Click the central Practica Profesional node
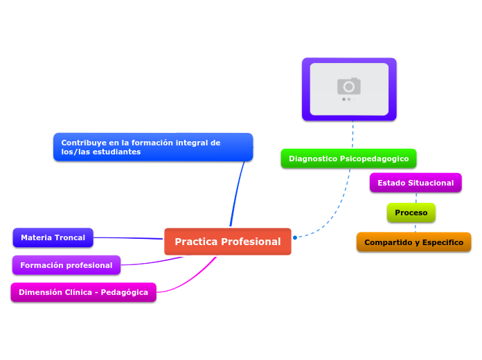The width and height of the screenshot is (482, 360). tap(227, 242)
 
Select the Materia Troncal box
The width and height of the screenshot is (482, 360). tap(53, 237)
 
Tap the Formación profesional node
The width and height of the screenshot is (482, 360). tap(66, 265)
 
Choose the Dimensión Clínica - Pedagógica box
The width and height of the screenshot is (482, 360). tap(83, 292)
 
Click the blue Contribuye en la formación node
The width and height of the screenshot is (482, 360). tap(152, 147)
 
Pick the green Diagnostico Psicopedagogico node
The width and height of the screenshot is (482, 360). tap(348, 159)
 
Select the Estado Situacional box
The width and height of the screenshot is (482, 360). tap(416, 183)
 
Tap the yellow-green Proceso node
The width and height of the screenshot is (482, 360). tap(411, 213)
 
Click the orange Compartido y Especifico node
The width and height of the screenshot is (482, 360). tap(413, 242)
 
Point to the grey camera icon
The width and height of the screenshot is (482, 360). tap(349, 86)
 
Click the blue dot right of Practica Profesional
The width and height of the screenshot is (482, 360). tap(295, 237)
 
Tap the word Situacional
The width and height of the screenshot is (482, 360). tap(430, 183)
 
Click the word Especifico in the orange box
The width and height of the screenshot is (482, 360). tap(441, 242)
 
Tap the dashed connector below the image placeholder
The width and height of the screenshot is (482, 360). tap(352, 134)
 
